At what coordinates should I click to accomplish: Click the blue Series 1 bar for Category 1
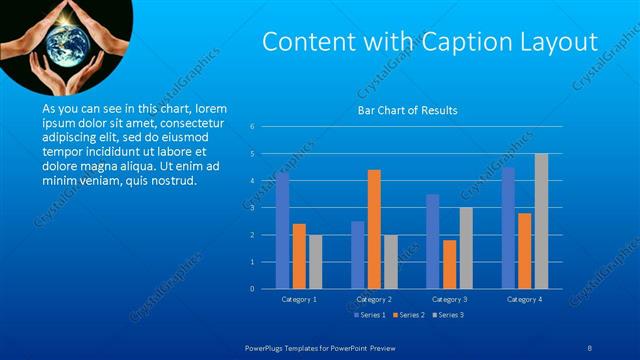(x=283, y=231)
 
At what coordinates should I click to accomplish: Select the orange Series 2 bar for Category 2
(x=374, y=229)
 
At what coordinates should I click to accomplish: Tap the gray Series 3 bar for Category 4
(x=541, y=221)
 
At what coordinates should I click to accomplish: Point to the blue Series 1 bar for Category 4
(x=508, y=228)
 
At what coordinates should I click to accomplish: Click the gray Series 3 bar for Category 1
(x=316, y=262)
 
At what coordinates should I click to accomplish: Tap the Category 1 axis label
(x=299, y=299)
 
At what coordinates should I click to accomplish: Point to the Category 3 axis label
(x=449, y=299)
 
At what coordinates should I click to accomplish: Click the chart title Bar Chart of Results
(x=407, y=110)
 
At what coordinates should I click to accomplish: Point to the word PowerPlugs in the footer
(x=269, y=346)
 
